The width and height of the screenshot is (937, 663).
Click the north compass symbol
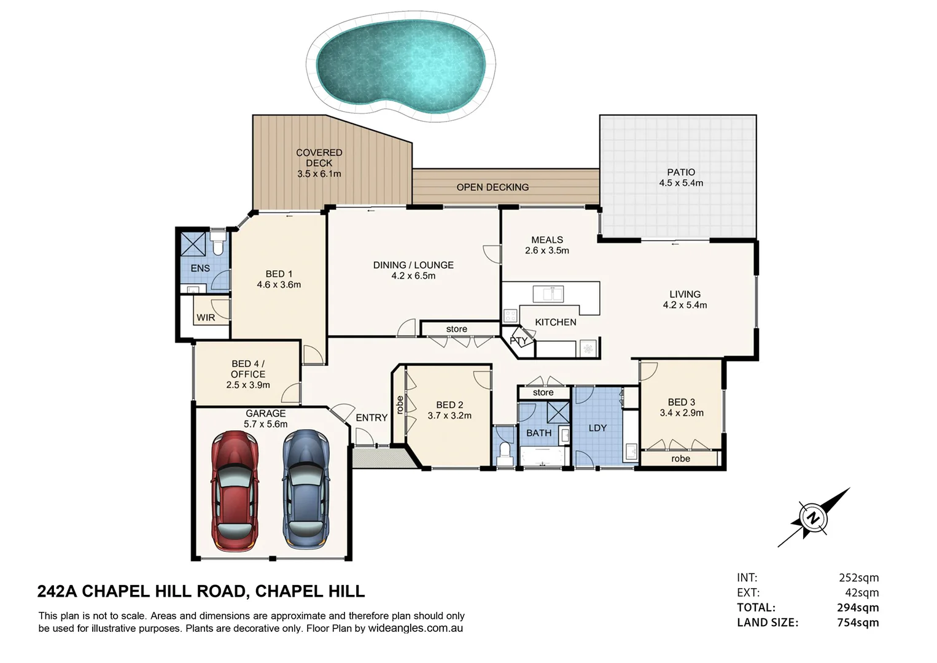pyautogui.click(x=813, y=518)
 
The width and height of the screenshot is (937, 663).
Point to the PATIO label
pyautogui.click(x=681, y=173)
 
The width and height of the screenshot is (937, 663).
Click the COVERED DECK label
pyautogui.click(x=319, y=158)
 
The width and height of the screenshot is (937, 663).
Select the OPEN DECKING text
pyautogui.click(x=492, y=187)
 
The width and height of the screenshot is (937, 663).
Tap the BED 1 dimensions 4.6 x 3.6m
pyautogui.click(x=279, y=285)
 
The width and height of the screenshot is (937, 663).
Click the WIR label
pyautogui.click(x=206, y=317)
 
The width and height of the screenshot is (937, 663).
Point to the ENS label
pyautogui.click(x=200, y=268)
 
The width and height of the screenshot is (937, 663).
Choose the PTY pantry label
pyautogui.click(x=518, y=341)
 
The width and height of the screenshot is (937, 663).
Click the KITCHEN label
pyautogui.click(x=556, y=322)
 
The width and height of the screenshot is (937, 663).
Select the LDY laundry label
pyautogui.click(x=597, y=428)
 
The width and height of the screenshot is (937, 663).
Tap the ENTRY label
pyautogui.click(x=371, y=417)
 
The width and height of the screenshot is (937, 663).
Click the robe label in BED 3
pyautogui.click(x=680, y=459)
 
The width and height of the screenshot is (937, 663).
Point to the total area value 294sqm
pyautogui.click(x=858, y=608)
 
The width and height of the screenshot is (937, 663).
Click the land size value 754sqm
pyautogui.click(x=858, y=622)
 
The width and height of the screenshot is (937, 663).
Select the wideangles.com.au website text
pyautogui.click(x=415, y=629)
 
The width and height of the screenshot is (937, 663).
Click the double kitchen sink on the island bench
pyautogui.click(x=548, y=293)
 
